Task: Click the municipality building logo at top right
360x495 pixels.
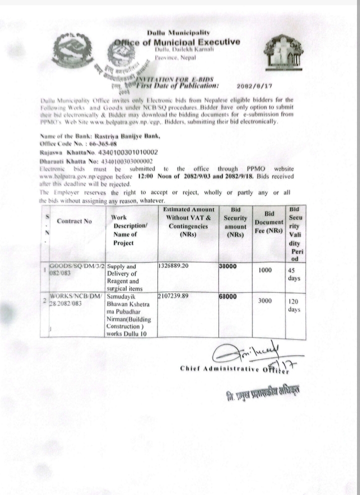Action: tap(283, 53)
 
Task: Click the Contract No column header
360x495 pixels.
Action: tap(73, 220)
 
